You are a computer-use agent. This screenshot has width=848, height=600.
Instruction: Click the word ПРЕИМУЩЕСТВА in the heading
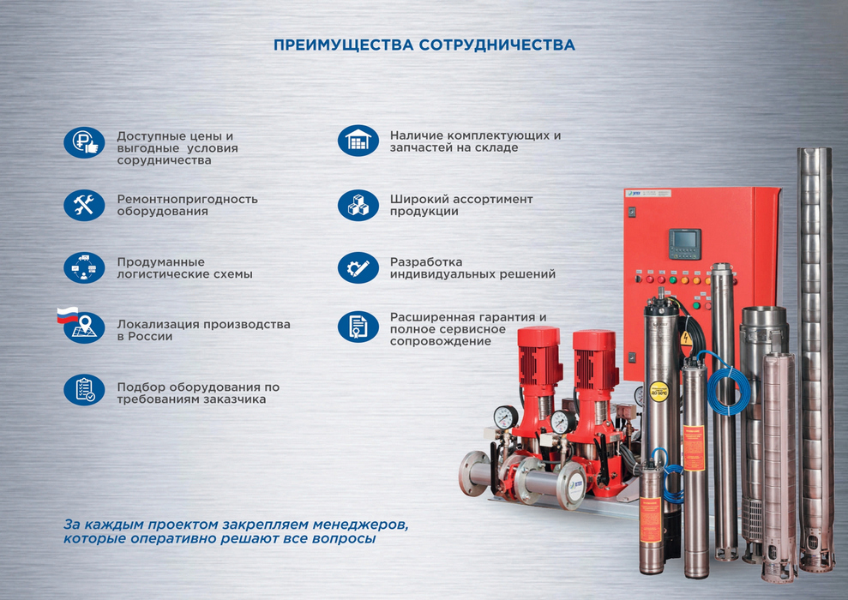344,45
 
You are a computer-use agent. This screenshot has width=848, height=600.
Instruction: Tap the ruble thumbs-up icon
84,143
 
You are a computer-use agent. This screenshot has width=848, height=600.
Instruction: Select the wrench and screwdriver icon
84,206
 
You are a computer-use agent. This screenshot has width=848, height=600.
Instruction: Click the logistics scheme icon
84,267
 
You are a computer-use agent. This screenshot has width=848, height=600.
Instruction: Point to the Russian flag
68,315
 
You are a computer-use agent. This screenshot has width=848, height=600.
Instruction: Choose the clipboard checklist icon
84,390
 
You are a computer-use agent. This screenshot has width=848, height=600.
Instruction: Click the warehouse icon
358,141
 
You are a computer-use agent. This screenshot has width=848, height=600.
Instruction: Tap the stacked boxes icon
358,206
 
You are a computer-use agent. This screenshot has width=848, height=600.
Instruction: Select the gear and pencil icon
358,267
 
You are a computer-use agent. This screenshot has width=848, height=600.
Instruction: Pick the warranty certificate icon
358,327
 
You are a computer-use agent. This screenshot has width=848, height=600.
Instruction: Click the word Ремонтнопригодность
188,200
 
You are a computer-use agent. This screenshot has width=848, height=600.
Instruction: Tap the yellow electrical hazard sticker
686,338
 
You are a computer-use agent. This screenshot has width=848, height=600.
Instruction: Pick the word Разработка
426,262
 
